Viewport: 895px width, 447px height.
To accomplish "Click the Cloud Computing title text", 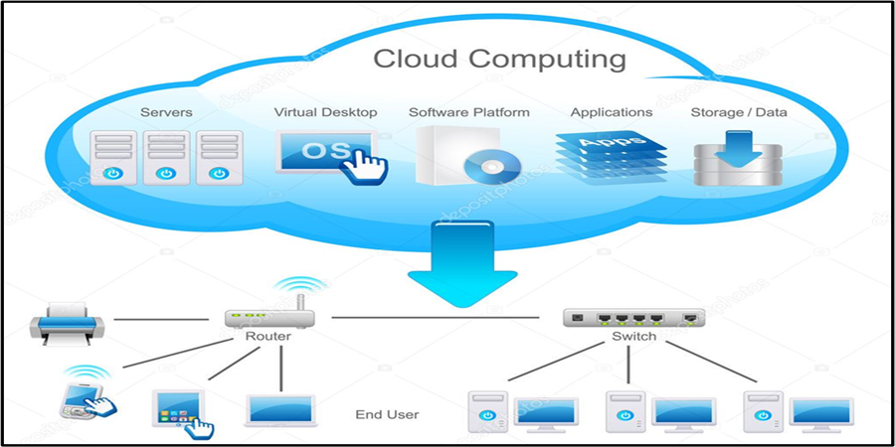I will [499, 59].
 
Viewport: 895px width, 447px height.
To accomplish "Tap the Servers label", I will [166, 112].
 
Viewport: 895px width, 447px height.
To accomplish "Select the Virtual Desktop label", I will [325, 112].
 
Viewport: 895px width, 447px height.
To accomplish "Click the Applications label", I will [612, 112].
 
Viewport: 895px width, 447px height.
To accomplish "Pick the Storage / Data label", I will [739, 112].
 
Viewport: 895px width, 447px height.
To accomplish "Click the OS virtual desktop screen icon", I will [320, 153].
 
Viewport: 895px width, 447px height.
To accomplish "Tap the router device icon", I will [268, 318].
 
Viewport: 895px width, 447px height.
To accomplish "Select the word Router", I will [268, 338].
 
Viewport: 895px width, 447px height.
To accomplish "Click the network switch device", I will [633, 318].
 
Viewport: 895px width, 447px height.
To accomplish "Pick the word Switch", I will [633, 338].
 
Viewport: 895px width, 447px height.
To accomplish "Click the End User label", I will [387, 414].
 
